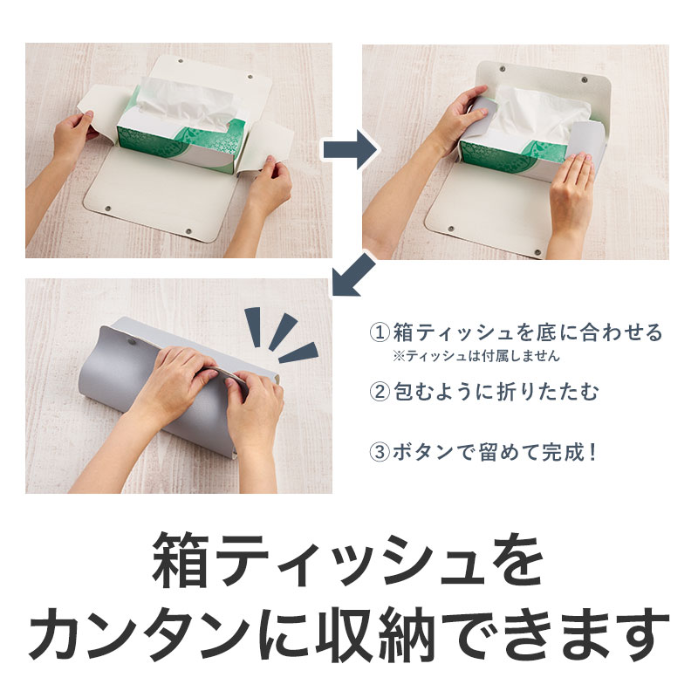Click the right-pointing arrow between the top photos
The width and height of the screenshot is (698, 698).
click(x=350, y=149)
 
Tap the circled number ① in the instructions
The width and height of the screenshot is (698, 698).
click(x=380, y=333)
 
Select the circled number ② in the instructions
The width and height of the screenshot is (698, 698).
click(x=380, y=392)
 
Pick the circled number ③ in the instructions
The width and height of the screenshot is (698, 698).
click(x=380, y=452)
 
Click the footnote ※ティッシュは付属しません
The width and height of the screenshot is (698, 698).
click(x=476, y=356)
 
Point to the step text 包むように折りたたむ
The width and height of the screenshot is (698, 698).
click(x=496, y=392)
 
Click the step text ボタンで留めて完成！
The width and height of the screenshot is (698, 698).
click(x=494, y=452)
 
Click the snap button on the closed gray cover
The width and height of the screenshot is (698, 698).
click(x=132, y=342)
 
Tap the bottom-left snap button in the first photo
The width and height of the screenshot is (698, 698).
click(x=107, y=208)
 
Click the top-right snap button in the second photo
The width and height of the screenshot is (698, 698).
click(x=585, y=79)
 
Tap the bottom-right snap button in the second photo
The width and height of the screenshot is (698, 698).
click(x=537, y=253)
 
